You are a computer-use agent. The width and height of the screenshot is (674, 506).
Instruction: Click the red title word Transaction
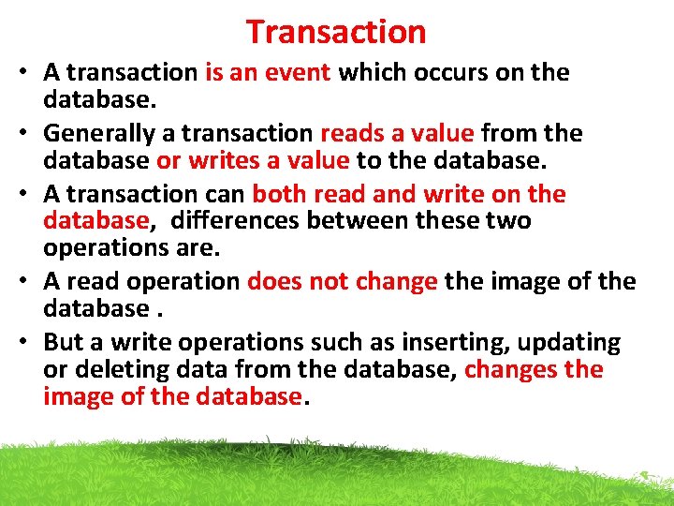pos(336,32)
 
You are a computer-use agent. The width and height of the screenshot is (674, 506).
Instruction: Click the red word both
pos(280,195)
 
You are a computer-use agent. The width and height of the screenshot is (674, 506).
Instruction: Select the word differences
pos(223,221)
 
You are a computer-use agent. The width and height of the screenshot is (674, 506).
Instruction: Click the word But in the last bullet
pos(63,343)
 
